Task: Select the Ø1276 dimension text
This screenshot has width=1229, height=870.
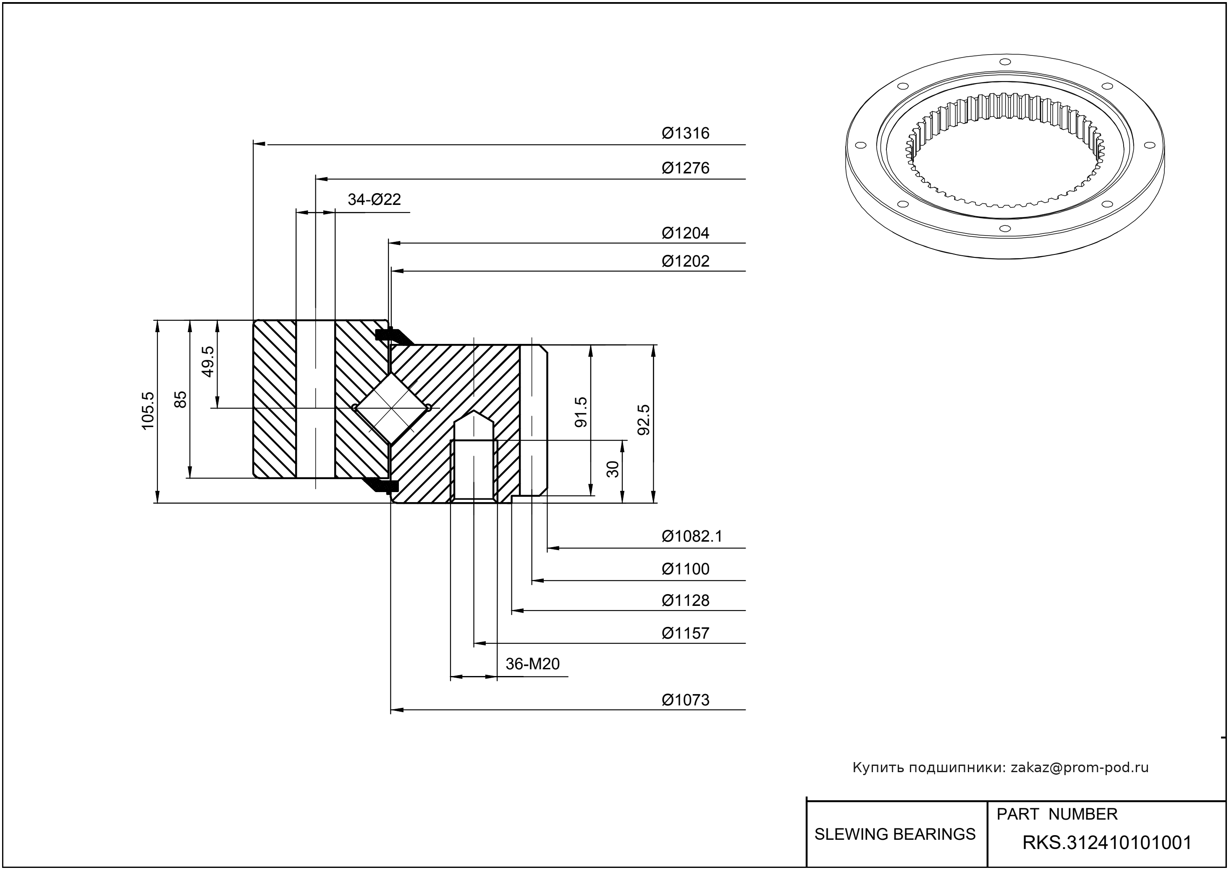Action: [x=685, y=168]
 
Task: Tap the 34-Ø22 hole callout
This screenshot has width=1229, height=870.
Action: [x=374, y=199]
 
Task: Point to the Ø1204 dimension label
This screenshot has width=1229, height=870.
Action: [x=685, y=233]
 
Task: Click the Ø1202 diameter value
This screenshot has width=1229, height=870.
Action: [x=685, y=262]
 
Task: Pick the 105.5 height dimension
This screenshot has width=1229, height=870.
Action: [x=148, y=410]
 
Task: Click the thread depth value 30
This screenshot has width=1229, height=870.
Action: [x=613, y=469]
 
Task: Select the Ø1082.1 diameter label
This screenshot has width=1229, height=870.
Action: [x=692, y=536]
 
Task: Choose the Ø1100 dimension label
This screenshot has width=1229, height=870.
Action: [x=685, y=569]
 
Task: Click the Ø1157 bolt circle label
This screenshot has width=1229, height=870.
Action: [x=685, y=633]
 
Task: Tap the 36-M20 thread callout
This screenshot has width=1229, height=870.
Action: [x=532, y=664]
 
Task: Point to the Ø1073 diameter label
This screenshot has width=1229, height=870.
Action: [x=685, y=700]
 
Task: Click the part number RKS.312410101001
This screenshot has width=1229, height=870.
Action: [x=1107, y=843]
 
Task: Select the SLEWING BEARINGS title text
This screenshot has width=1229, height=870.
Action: [x=895, y=834]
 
